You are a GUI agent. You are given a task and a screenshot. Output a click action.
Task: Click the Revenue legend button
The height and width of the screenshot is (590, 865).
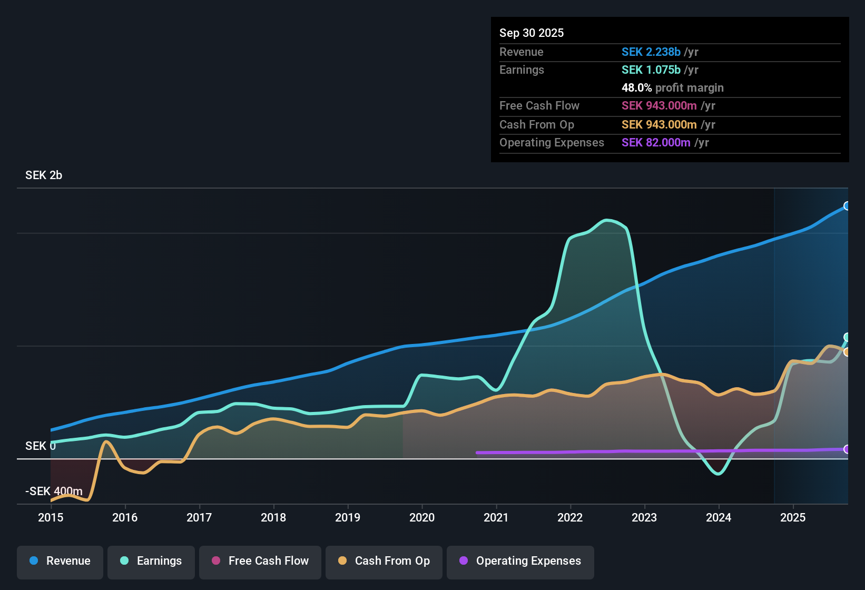(60, 561)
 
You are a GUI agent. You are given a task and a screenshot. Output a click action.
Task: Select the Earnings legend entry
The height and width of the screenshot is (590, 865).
(151, 561)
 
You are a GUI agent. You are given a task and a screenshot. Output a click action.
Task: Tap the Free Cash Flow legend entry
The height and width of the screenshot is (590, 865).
(260, 561)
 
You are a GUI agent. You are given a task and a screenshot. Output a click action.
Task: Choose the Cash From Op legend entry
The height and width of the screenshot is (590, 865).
(384, 561)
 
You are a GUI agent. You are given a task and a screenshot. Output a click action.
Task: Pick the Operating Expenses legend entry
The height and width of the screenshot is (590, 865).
(520, 561)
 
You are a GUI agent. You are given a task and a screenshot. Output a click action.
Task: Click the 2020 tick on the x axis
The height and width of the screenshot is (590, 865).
(422, 517)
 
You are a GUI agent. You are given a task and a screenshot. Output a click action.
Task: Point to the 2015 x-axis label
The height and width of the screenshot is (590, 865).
(51, 517)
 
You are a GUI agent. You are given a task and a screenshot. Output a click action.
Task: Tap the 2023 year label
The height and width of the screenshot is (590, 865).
(644, 517)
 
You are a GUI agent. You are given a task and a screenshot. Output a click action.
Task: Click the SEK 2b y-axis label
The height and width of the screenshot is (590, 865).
(44, 175)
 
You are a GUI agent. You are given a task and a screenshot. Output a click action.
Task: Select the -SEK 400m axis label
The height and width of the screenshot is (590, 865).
(54, 491)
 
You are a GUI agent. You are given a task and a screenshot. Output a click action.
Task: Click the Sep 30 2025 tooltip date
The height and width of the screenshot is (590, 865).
(532, 33)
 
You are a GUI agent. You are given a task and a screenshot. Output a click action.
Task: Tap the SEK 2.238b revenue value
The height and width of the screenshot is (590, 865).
(651, 52)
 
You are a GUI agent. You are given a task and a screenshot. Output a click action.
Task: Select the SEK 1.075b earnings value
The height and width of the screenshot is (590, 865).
(651, 70)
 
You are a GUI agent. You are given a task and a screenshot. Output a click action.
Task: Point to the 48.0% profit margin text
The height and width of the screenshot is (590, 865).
(672, 88)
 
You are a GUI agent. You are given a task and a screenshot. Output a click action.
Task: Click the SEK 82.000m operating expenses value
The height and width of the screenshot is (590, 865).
(656, 143)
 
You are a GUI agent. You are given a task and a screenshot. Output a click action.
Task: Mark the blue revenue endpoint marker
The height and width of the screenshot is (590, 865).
(847, 206)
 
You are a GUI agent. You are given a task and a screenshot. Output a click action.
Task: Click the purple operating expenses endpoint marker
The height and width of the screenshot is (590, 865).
(847, 449)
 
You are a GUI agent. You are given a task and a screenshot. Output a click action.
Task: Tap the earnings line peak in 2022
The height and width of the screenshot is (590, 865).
(607, 220)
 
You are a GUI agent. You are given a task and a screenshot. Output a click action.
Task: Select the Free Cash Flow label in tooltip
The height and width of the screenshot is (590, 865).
(539, 106)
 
